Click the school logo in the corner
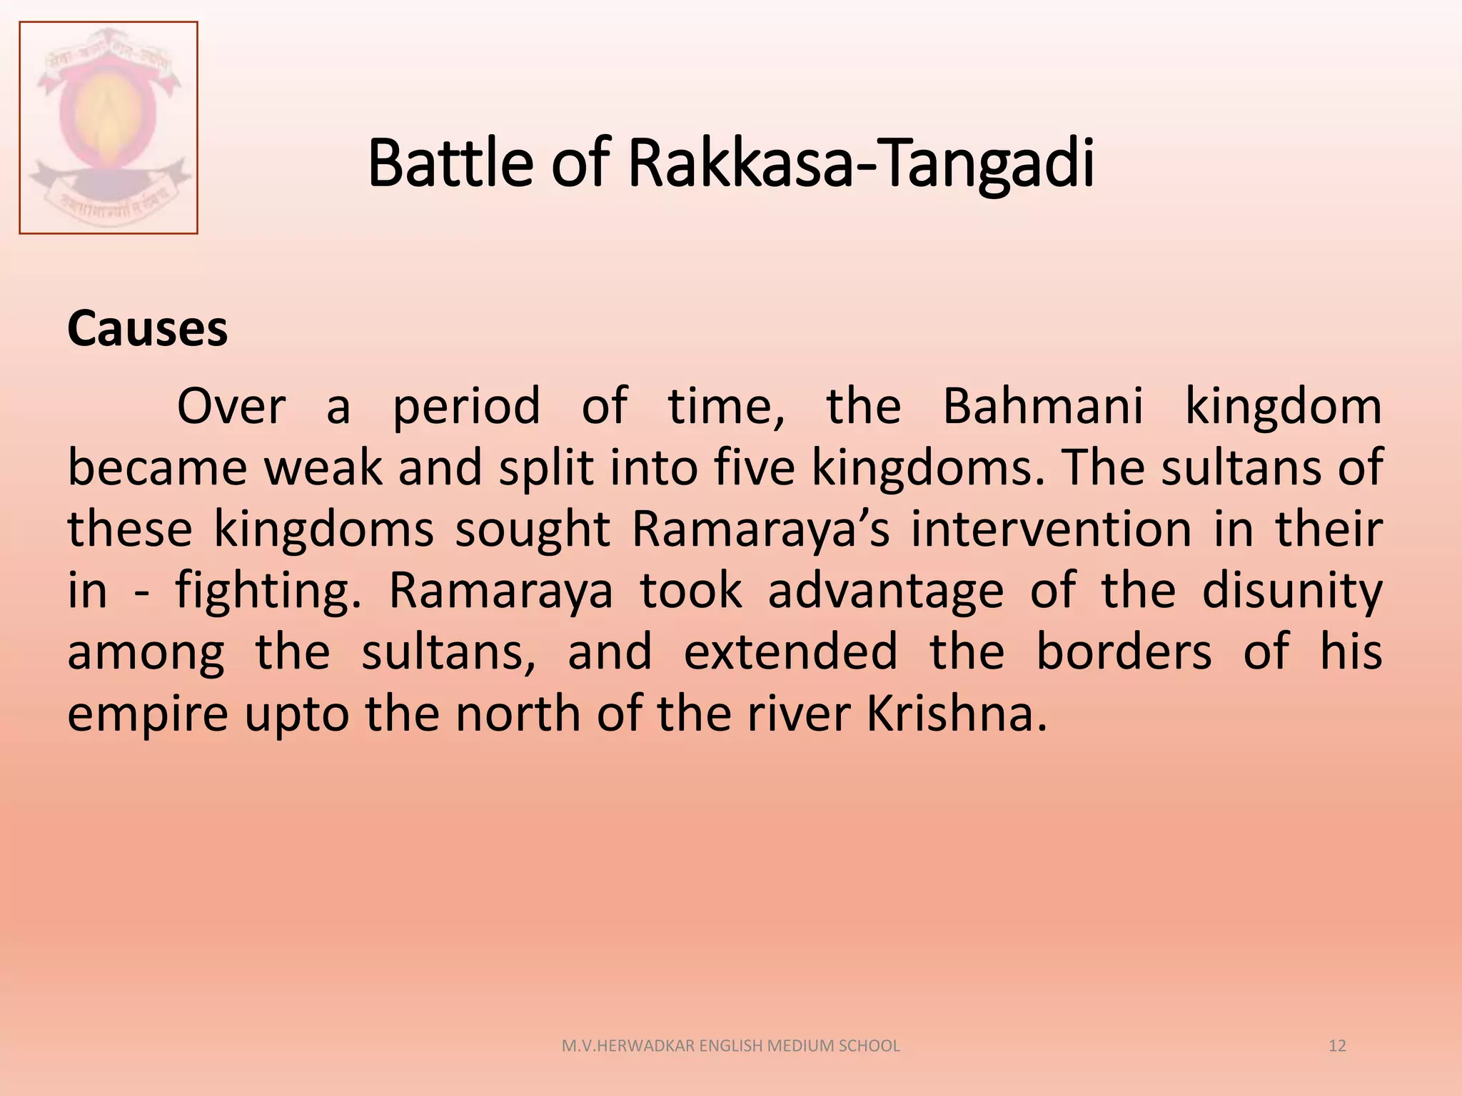coord(109,128)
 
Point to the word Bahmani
coord(1043,406)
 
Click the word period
coord(466,407)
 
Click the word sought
coord(533,530)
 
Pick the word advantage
coord(886,592)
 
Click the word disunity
coord(1292,592)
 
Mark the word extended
coord(791,652)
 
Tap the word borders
coord(1124,652)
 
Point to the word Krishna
coord(957,714)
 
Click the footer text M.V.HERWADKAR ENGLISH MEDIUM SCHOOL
coord(731,1046)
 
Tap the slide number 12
coord(1337,1046)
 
